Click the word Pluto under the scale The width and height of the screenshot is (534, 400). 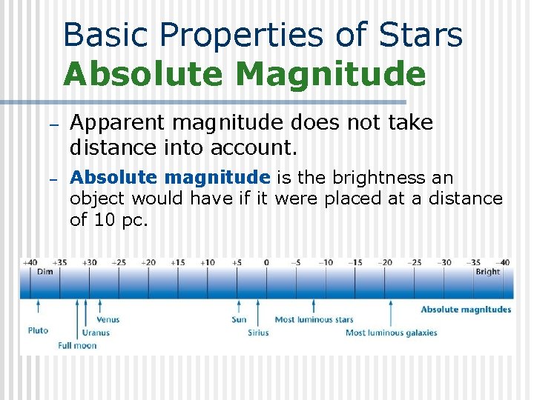38,330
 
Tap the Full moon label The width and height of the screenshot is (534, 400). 77,345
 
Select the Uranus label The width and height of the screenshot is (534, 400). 96,333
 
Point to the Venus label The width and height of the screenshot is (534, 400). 108,320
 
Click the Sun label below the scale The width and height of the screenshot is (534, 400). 239,320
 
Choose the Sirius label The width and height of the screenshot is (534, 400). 258,333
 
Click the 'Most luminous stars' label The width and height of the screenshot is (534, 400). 314,320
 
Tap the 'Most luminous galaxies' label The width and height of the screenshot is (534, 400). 391,333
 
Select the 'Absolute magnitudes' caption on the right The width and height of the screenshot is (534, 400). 466,310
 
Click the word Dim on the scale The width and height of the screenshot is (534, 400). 45,272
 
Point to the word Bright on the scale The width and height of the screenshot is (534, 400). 488,272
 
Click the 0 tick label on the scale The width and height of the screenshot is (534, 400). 266,262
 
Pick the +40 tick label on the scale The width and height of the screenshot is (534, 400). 30,262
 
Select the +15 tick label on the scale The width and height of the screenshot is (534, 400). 178,262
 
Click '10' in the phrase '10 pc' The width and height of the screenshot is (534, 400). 102,220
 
